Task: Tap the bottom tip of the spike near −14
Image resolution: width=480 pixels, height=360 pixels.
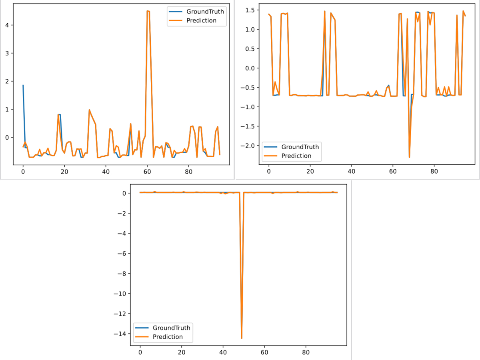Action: point(242,338)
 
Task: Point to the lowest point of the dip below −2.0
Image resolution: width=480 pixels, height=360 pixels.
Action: point(409,157)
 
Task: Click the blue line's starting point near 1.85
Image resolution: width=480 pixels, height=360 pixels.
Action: point(23,85)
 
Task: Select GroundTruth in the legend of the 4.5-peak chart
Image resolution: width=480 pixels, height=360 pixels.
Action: point(205,11)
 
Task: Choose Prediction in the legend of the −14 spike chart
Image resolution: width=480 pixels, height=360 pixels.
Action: point(168,337)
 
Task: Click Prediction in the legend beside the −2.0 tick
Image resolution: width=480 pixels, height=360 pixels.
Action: point(296,156)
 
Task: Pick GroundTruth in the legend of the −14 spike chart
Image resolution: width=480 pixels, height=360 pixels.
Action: point(172,328)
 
